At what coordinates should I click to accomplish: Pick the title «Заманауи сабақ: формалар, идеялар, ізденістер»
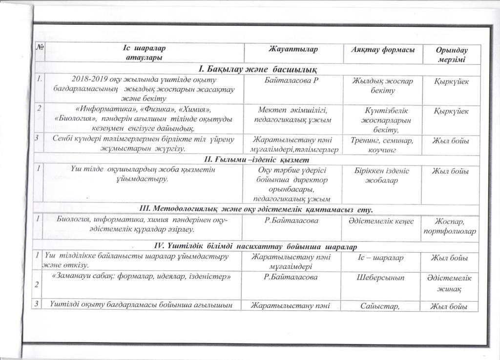click(x=141, y=277)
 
